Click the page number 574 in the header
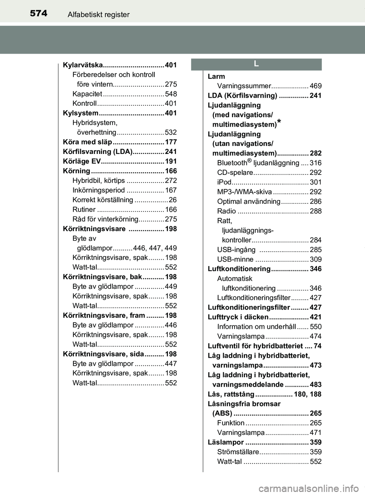(x=38, y=14)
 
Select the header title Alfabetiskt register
(x=98, y=15)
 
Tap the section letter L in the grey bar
(x=256, y=64)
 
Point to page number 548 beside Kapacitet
(x=171, y=94)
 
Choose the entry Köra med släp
(x=87, y=142)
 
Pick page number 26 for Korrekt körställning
(x=173, y=200)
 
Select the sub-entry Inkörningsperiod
(x=98, y=190)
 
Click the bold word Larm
(x=216, y=76)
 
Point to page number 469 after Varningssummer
(x=316, y=86)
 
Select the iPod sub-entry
(x=224, y=182)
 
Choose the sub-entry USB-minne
(x=235, y=259)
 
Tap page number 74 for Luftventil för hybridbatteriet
(x=317, y=346)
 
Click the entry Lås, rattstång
(x=231, y=394)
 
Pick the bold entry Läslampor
(x=226, y=442)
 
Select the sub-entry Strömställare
(x=238, y=452)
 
